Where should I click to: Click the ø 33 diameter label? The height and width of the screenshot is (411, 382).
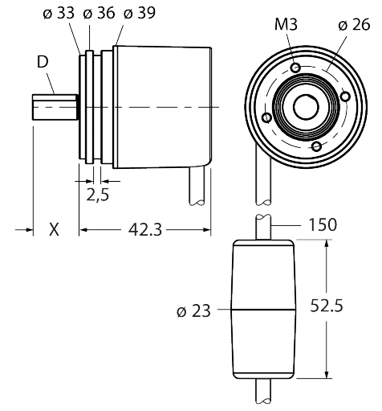[59, 13]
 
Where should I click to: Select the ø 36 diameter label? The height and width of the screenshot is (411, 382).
[99, 13]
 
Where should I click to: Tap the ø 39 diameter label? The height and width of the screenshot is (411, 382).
[140, 13]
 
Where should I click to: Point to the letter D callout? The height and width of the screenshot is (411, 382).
[43, 62]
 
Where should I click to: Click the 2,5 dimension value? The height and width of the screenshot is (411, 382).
[98, 195]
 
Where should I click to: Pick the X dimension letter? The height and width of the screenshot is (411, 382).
[54, 230]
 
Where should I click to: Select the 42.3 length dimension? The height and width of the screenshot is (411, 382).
[145, 230]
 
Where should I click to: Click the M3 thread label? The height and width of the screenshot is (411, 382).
[286, 25]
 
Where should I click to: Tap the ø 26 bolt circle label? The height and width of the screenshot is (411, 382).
[354, 25]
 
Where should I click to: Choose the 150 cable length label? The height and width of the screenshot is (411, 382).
[323, 224]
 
